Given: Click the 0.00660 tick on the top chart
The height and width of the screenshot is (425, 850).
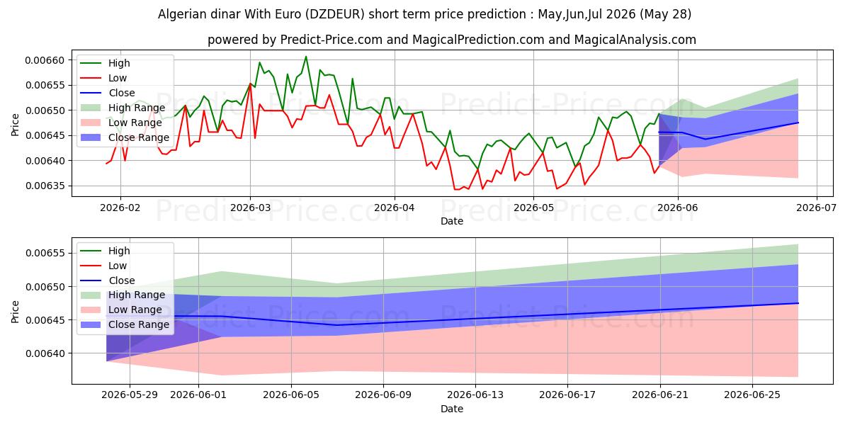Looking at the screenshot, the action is pyautogui.click(x=45, y=60).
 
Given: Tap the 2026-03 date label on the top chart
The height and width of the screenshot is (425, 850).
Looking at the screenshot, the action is pyautogui.click(x=251, y=208).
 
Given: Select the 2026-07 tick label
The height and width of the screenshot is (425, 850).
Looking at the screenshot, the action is pyautogui.click(x=816, y=208).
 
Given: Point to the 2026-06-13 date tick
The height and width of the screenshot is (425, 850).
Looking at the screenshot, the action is pyautogui.click(x=475, y=395).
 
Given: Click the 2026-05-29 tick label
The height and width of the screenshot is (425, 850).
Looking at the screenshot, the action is pyautogui.click(x=130, y=395).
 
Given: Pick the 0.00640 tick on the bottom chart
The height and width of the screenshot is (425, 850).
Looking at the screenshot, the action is pyautogui.click(x=45, y=353).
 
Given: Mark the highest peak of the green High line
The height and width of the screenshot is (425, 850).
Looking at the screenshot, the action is pyautogui.click(x=306, y=57).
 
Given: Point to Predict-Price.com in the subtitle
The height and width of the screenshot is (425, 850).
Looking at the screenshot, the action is pyautogui.click(x=331, y=40).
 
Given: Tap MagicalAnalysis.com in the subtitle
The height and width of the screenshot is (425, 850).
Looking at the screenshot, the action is pyautogui.click(x=635, y=40).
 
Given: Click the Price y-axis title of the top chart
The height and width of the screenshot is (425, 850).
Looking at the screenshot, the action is pyautogui.click(x=15, y=125).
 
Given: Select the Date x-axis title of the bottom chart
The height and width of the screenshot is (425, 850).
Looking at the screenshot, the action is pyautogui.click(x=452, y=409).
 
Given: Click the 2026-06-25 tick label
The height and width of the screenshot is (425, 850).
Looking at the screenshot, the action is pyautogui.click(x=752, y=395).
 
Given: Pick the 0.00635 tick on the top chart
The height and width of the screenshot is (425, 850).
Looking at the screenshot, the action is pyautogui.click(x=45, y=186).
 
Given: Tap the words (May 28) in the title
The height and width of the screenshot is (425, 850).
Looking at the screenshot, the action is pyautogui.click(x=666, y=14).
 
